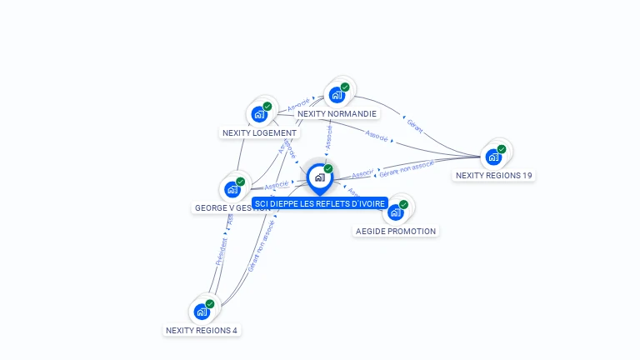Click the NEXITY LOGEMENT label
(x=259, y=132)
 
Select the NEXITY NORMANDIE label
(x=337, y=113)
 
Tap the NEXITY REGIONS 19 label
(x=493, y=175)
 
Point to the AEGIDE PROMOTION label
(x=395, y=231)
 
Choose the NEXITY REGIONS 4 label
(x=202, y=330)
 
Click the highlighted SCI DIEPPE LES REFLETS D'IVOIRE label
(x=320, y=203)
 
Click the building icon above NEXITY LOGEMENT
(x=258, y=113)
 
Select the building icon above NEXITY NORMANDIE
(x=336, y=94)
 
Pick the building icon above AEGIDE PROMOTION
(x=395, y=212)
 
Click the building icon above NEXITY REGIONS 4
(x=201, y=311)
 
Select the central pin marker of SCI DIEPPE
(x=319, y=177)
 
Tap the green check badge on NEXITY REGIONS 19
(x=502, y=148)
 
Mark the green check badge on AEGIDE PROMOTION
(x=403, y=204)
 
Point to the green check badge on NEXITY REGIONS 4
(x=210, y=303)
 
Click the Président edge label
(x=221, y=252)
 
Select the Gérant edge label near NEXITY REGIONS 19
(x=415, y=125)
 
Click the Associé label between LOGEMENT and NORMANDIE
(x=298, y=105)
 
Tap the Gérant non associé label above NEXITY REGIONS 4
(x=261, y=247)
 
